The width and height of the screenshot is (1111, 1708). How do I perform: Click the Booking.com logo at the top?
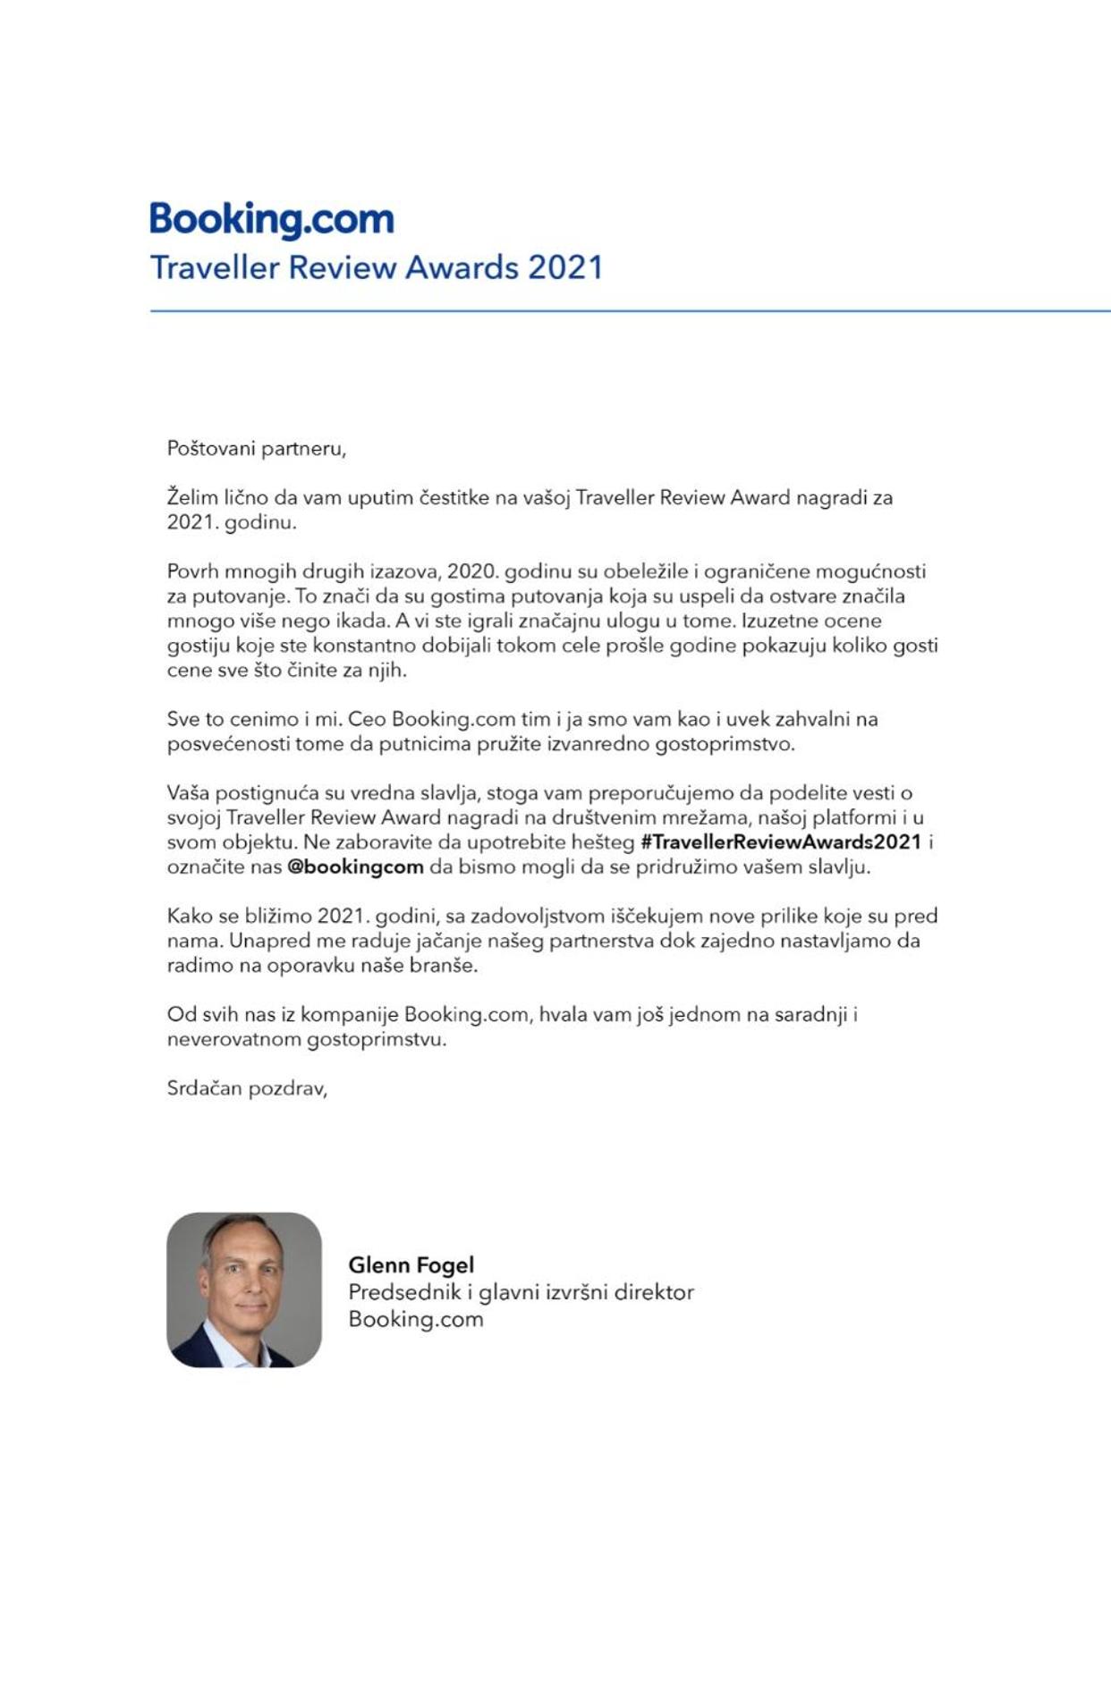point(271,219)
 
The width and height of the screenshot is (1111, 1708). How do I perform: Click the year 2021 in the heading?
point(565,267)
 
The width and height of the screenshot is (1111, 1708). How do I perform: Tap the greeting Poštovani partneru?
point(256,448)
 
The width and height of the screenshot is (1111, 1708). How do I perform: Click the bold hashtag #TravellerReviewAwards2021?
point(781,841)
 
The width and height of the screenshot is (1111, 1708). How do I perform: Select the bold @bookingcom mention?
point(355,867)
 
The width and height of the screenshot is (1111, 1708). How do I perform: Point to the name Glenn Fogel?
point(411,1264)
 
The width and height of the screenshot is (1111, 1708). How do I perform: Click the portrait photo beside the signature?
point(244,1289)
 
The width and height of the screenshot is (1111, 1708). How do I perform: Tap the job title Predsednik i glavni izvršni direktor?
point(521,1292)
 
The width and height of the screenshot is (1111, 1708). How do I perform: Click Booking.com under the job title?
point(415,1319)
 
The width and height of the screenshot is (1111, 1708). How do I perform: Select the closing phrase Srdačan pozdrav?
point(247,1088)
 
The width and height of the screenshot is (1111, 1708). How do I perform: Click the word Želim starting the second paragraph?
point(192,497)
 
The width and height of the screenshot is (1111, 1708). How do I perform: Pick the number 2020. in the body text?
point(471,571)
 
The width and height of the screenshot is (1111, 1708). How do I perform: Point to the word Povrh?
point(192,571)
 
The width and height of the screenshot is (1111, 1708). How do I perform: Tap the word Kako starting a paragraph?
point(190,916)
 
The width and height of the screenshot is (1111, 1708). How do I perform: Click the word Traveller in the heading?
point(215,267)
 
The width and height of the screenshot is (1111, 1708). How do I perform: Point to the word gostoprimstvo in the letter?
point(724,744)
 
